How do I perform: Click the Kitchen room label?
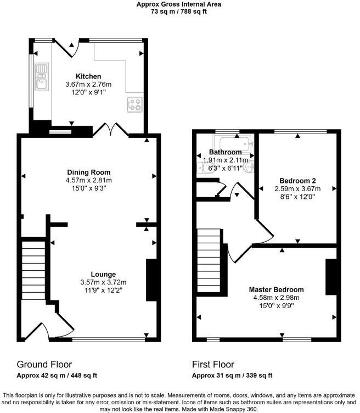(x=88, y=76)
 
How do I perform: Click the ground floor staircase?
(x=33, y=272)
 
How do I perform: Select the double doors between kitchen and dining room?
(x=110, y=130)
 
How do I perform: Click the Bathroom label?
(x=226, y=152)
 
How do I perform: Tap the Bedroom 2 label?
(x=297, y=181)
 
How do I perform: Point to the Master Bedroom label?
(x=276, y=289)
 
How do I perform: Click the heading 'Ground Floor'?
(x=44, y=364)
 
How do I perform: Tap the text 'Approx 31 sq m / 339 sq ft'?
(x=232, y=376)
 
